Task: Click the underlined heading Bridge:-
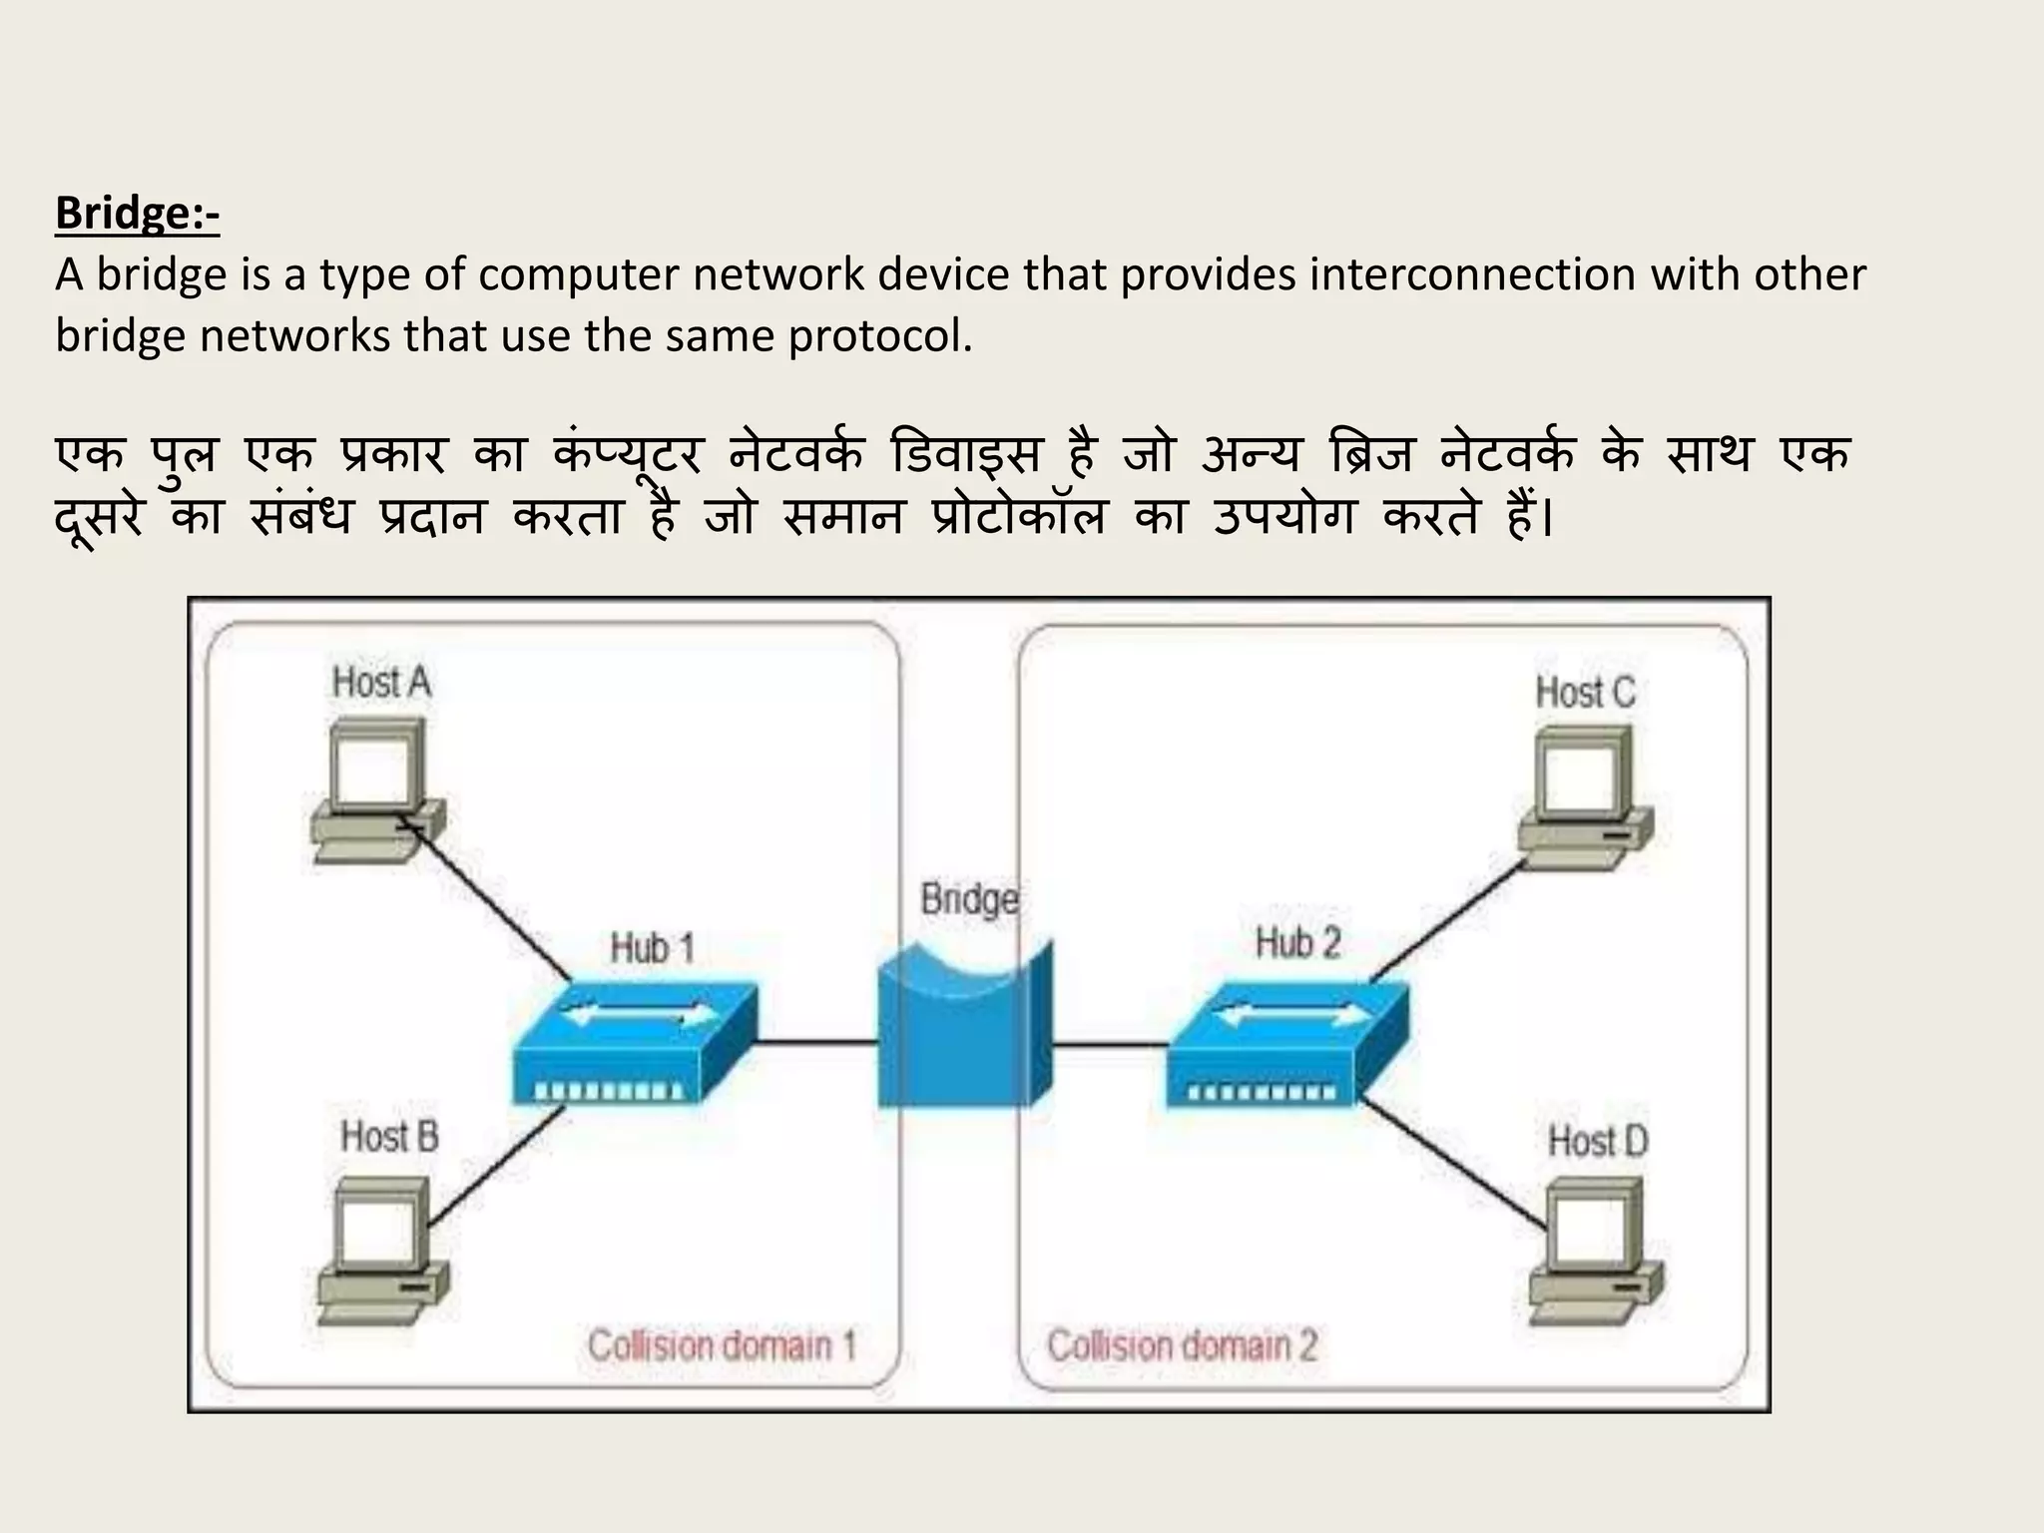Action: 137,214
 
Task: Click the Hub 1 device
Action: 635,1043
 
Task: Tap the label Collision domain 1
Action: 722,1345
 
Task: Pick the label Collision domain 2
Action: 1182,1345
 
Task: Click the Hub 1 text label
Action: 652,947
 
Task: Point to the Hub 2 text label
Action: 1297,942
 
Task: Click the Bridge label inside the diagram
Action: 969,899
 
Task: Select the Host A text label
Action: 381,683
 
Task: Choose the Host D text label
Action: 1597,1141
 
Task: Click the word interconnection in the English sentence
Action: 1472,274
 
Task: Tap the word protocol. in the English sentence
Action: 879,336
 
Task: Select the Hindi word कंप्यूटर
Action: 628,455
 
